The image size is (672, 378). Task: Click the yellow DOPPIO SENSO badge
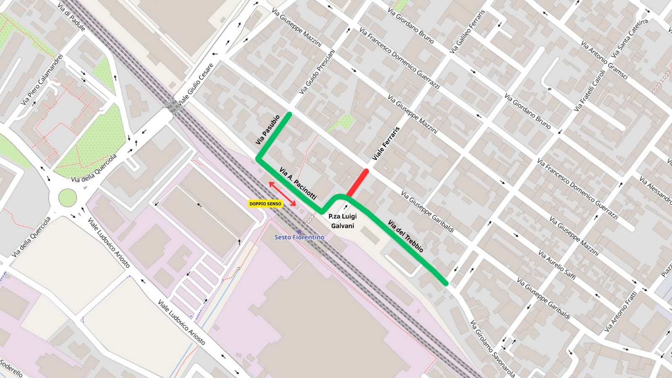click(265, 203)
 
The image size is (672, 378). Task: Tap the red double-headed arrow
click(282, 194)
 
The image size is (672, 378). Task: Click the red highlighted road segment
click(358, 182)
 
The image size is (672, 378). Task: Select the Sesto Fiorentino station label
click(299, 237)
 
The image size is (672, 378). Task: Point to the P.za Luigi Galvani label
click(342, 221)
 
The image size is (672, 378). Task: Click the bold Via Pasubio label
click(268, 130)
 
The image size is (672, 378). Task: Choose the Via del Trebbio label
click(405, 236)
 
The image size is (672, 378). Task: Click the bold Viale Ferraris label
click(386, 143)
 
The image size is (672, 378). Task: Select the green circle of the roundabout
click(66, 198)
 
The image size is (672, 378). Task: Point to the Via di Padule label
click(71, 17)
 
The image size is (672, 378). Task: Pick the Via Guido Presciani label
click(317, 72)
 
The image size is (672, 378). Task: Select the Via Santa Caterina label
click(630, 39)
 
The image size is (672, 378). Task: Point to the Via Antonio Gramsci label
click(604, 60)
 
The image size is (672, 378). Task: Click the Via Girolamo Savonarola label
click(492, 349)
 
